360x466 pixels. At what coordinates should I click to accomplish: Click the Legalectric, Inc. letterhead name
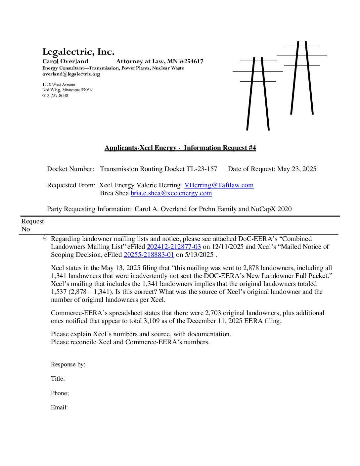tap(78, 52)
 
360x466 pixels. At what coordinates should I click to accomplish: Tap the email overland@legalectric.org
tap(71, 74)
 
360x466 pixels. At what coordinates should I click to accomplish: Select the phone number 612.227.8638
tap(55, 96)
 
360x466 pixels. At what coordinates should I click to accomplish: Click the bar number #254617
tap(192, 61)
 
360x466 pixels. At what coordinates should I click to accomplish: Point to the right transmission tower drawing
tap(302, 78)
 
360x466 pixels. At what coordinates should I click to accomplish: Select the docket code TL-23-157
tap(202, 169)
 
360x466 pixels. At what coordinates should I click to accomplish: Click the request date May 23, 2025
tap(296, 169)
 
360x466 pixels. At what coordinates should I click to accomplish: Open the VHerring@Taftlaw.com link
tap(219, 185)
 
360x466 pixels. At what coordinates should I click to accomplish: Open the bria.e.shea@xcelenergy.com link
tap(171, 193)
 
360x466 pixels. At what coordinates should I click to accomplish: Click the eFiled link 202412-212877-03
tap(174, 247)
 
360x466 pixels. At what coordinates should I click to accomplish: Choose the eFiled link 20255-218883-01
tap(149, 255)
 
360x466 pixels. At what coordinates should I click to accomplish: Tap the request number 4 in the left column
tap(44, 238)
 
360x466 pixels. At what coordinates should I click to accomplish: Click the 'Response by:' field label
tap(68, 365)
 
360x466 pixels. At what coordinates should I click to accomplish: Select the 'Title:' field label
tap(58, 379)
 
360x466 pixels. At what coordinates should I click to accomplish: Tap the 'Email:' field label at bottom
tap(59, 408)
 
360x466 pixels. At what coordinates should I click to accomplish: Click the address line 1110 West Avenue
tap(59, 85)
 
